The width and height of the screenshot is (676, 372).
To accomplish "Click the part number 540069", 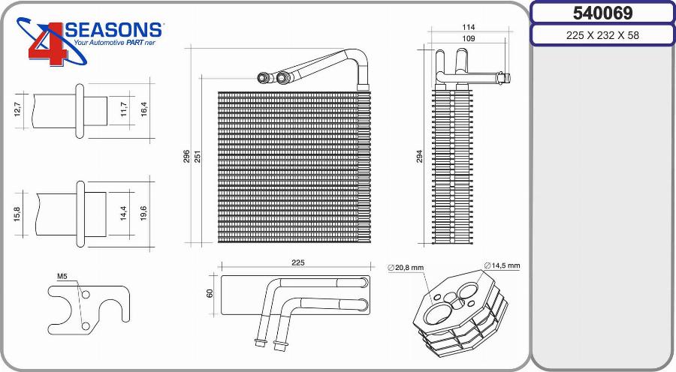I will (x=602, y=13).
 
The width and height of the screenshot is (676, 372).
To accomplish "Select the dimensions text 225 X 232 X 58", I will (x=602, y=35).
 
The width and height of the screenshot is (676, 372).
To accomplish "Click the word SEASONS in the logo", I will (x=114, y=30).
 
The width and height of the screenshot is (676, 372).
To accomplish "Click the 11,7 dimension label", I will (x=123, y=111).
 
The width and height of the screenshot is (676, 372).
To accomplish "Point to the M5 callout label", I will (x=62, y=277).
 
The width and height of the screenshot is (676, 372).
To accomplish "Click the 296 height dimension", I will (x=186, y=156).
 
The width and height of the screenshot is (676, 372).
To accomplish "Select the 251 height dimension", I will (x=198, y=156).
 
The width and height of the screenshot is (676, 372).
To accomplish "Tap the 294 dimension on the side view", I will (x=420, y=155).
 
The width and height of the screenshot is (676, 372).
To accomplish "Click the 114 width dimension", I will (x=468, y=27).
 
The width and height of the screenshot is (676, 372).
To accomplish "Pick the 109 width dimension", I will (x=468, y=37).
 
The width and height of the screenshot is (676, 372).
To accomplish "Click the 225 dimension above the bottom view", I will (x=297, y=262).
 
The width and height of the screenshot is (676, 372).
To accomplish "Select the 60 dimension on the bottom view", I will (x=210, y=292).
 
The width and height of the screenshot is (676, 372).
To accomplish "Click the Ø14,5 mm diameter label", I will (x=502, y=265).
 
